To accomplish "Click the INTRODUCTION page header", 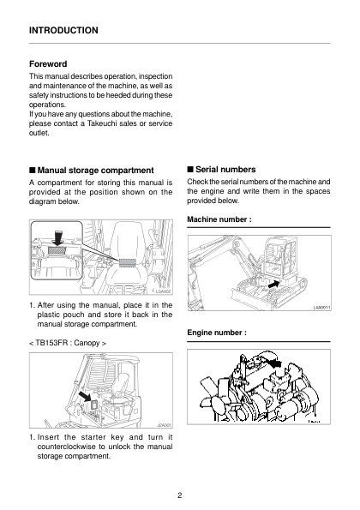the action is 63,30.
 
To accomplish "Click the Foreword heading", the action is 48,63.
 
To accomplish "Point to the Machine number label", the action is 219,219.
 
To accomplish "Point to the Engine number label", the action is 217,333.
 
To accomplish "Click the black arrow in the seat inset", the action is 58,237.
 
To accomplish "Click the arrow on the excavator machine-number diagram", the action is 273,285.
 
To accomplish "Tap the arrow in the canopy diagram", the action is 85,397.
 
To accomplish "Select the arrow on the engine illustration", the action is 275,363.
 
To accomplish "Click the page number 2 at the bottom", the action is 180,495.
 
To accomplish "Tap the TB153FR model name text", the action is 50,343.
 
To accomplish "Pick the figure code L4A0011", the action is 321,308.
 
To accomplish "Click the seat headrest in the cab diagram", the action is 127,235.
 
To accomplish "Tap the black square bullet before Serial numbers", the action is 190,169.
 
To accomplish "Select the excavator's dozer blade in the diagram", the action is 250,297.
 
